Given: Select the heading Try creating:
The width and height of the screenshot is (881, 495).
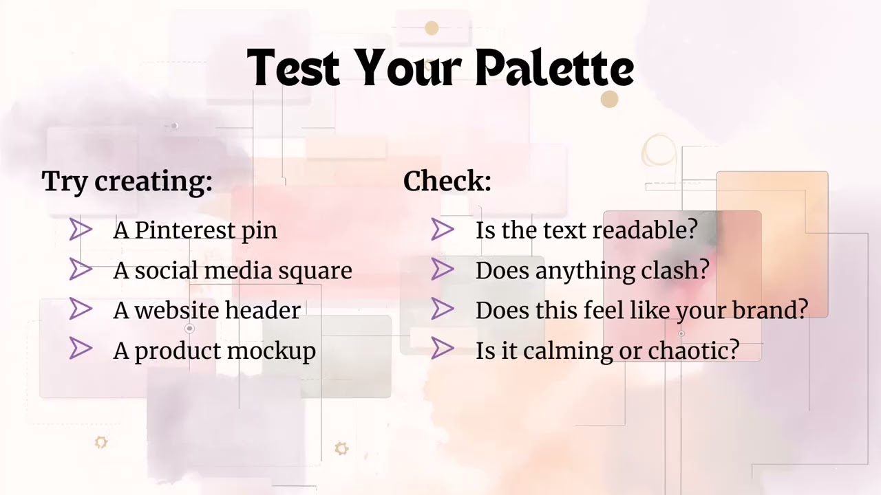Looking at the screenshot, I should point(127,181).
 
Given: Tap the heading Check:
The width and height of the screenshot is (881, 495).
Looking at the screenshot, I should point(447,181).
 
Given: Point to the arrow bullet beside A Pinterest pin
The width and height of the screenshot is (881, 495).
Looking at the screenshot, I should point(81,230).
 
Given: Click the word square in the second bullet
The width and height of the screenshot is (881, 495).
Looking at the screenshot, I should point(315,271).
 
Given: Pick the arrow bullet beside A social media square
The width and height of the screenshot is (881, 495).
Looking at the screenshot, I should point(81,269).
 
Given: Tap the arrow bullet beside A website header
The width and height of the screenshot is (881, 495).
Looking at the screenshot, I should point(81,309).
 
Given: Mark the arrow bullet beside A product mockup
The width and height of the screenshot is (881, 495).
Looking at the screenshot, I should point(81,349).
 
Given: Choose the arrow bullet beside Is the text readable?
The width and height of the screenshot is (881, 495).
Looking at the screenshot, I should point(443,230).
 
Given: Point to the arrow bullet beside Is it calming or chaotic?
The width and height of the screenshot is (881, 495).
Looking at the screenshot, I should point(443,349).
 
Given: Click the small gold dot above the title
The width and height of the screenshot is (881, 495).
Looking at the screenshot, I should point(432,28).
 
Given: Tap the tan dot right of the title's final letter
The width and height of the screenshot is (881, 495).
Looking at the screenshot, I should point(609,100).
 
